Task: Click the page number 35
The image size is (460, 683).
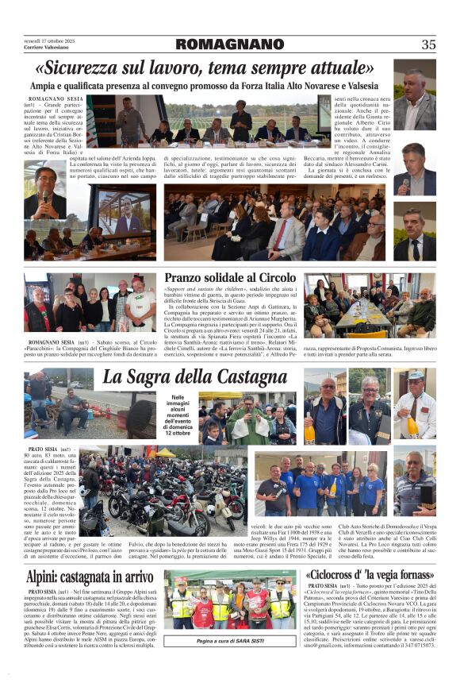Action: [428, 44]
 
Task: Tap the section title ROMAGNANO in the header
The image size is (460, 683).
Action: [226, 44]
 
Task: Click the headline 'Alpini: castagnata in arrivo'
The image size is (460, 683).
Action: [90, 577]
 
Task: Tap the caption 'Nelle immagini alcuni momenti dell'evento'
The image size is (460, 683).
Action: [177, 414]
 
